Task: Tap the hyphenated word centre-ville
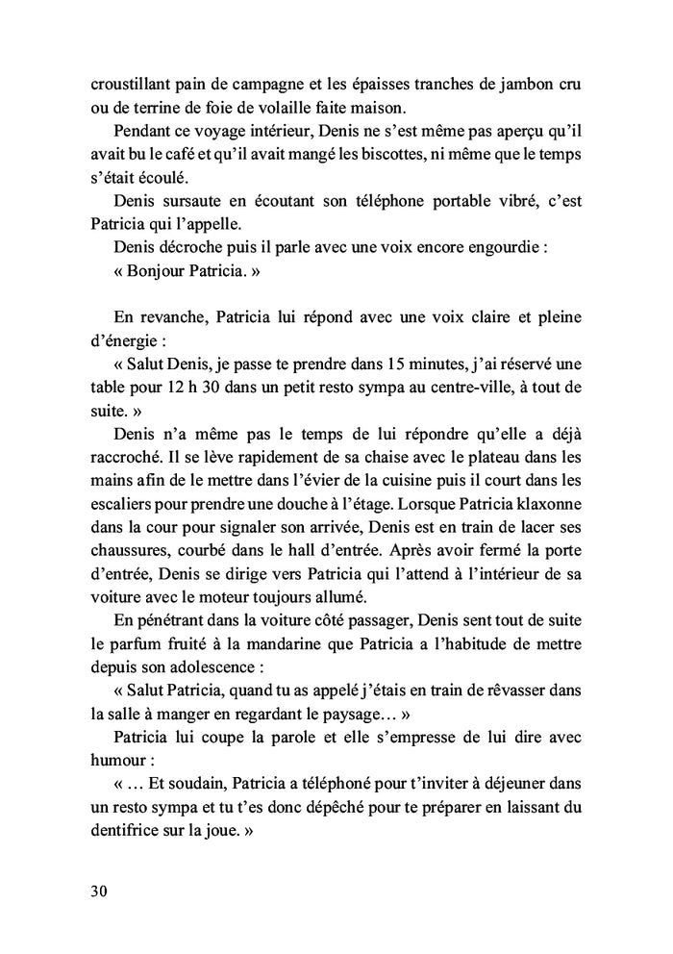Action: pyautogui.click(x=447, y=389)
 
